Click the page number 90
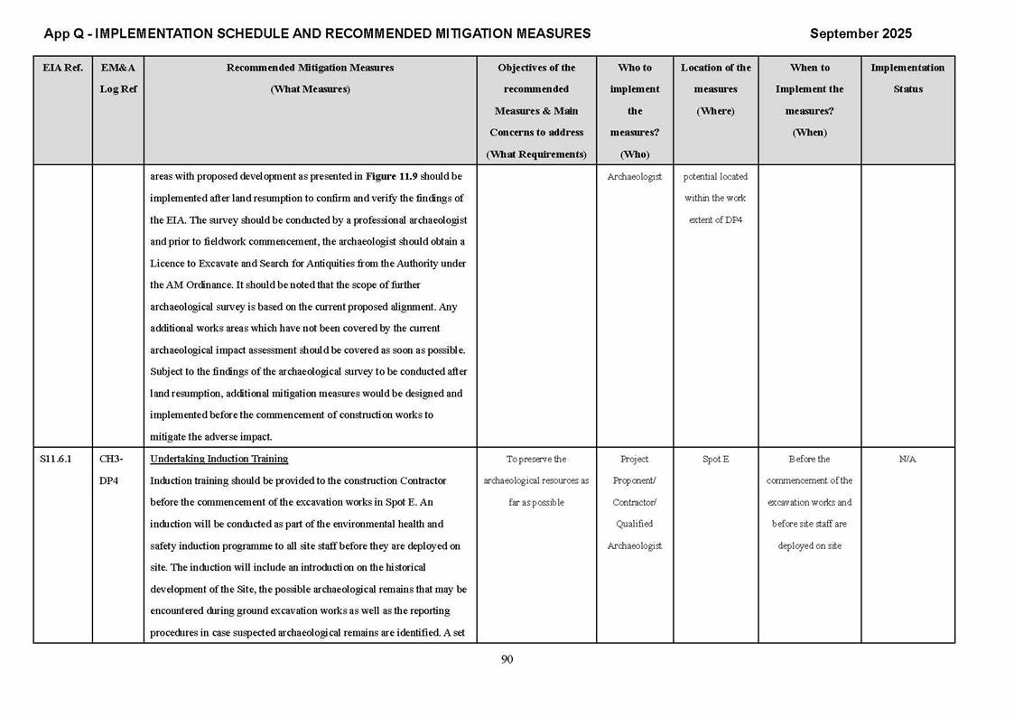pyautogui.click(x=507, y=659)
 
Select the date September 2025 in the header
pyautogui.click(x=860, y=33)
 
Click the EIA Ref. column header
pyautogui.click(x=62, y=68)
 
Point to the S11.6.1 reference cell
pyautogui.click(x=56, y=459)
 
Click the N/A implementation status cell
pyautogui.click(x=907, y=459)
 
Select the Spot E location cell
pyautogui.click(x=715, y=459)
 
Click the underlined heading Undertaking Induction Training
pyautogui.click(x=219, y=459)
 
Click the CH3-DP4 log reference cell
pyautogui.click(x=111, y=470)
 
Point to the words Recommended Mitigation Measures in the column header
pyautogui.click(x=310, y=68)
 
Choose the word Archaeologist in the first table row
pyautogui.click(x=634, y=177)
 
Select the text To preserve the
pyautogui.click(x=536, y=459)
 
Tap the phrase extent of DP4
pyautogui.click(x=715, y=220)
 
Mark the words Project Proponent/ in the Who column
pyautogui.click(x=634, y=470)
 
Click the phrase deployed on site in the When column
pyautogui.click(x=809, y=545)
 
